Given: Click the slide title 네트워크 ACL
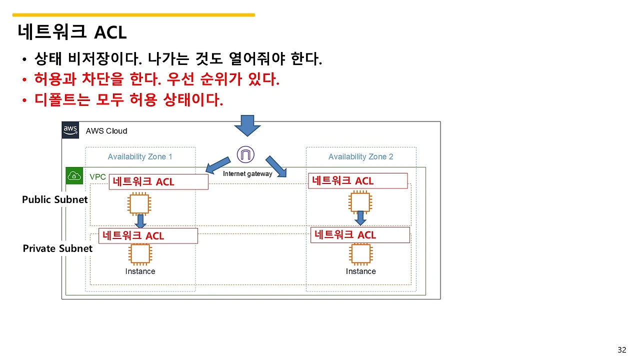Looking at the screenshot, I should pos(72,32).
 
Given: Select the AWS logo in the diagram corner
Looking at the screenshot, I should pos(70,130).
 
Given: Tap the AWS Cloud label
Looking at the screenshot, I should pos(106,131).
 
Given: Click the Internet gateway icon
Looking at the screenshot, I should pos(245,155).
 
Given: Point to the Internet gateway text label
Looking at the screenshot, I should pos(247,174).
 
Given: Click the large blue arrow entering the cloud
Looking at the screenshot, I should pos(247,125).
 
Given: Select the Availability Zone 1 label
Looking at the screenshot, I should pos(140,156).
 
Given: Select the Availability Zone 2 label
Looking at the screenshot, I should pos(360,156).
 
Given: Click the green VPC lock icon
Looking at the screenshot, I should pos(74,176).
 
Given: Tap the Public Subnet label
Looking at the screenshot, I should pos(55,199).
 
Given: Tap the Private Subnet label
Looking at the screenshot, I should pos(57,248).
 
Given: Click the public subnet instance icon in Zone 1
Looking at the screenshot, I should pos(140,203).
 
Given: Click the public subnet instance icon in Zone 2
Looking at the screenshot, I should pos(360,203).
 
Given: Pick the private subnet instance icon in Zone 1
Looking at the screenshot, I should pos(140,254).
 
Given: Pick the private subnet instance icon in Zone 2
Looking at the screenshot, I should pos(360,254).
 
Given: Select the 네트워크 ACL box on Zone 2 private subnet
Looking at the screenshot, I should pos(360,235).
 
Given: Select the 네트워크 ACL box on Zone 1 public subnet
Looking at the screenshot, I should pos(158,182).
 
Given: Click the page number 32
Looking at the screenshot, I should pos(621,350).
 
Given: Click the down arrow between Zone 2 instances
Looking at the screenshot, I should pos(360,218).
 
